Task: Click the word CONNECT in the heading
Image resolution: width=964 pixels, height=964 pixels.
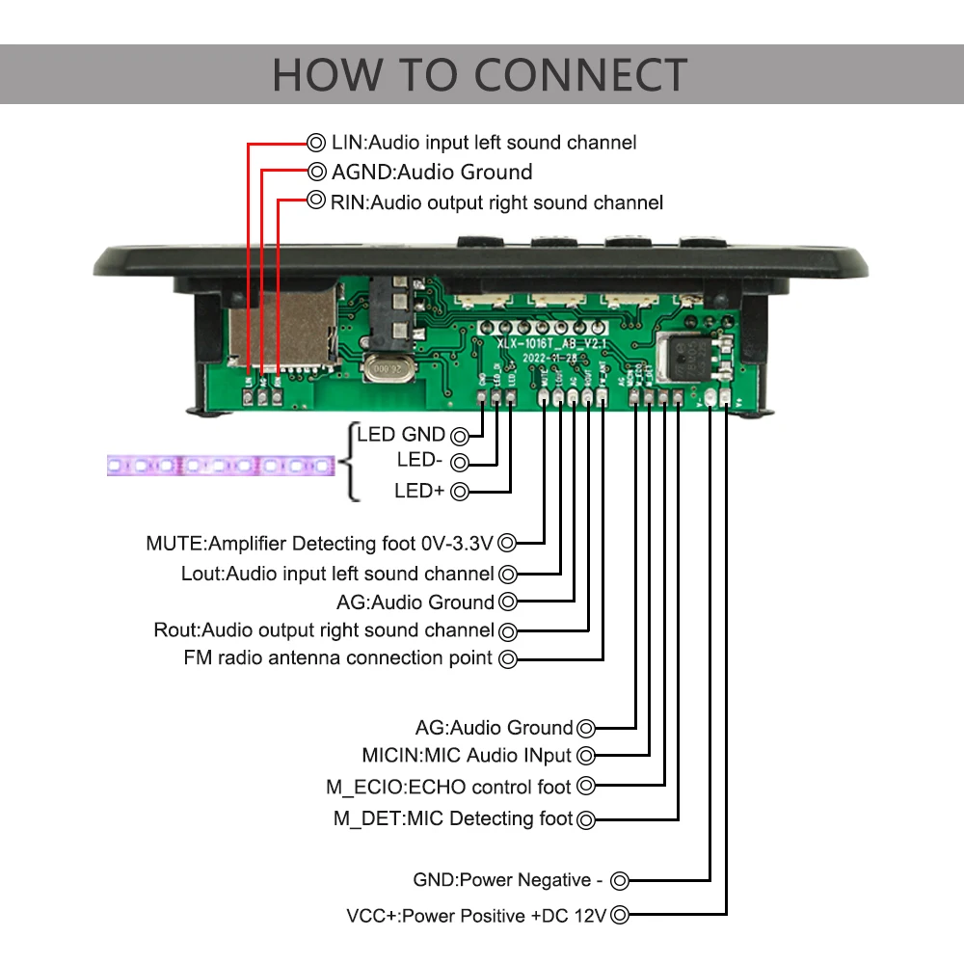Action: [x=581, y=75]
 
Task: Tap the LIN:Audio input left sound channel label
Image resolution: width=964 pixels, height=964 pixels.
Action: [x=483, y=143]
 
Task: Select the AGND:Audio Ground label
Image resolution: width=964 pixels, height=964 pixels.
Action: [x=432, y=173]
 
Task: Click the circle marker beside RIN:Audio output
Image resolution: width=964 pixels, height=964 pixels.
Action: [x=315, y=201]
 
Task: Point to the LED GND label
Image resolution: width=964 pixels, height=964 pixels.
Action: [x=401, y=434]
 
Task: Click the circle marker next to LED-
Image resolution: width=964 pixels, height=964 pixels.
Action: [x=460, y=462]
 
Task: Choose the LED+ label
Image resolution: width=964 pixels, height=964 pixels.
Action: [x=419, y=491]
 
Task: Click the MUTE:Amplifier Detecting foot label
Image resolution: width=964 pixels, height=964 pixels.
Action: [x=319, y=543]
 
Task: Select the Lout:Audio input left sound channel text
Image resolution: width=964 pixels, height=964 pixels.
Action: [x=337, y=574]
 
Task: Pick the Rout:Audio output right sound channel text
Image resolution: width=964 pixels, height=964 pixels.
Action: [x=324, y=630]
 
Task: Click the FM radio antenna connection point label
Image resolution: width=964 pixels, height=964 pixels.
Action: [x=337, y=658]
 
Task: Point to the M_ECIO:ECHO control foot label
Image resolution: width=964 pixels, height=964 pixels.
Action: [x=448, y=787]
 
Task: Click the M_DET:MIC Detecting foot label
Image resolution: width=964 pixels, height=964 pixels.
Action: [x=453, y=818]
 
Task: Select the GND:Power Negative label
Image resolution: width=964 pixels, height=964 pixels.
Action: [x=508, y=880]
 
